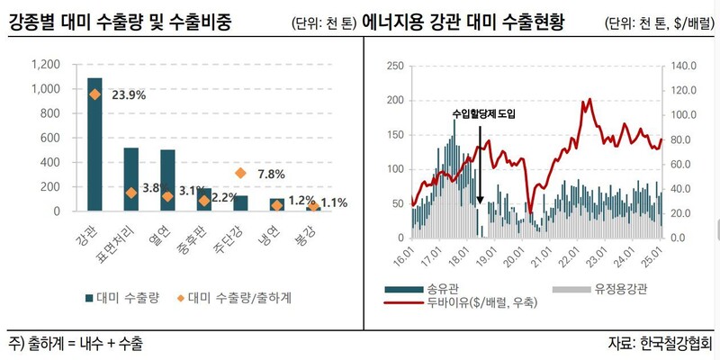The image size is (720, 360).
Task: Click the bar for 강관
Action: (94, 144)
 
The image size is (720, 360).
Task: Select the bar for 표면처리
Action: (130, 179)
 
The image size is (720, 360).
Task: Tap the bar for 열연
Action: (167, 180)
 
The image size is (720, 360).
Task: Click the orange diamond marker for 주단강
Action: (240, 173)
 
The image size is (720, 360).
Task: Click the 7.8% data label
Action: (271, 174)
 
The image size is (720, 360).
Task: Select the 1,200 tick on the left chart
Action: (44, 66)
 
